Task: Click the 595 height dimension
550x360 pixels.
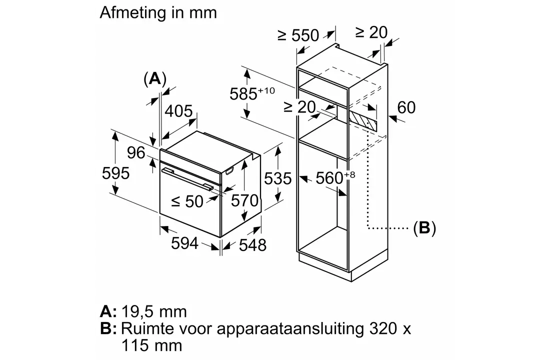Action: (x=116, y=173)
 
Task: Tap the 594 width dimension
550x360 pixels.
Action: (x=185, y=243)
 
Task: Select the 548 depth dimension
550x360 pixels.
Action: (x=252, y=245)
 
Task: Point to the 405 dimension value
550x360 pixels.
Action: (x=179, y=111)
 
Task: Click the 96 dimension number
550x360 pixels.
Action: (x=136, y=152)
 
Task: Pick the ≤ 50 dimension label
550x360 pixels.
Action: (x=187, y=201)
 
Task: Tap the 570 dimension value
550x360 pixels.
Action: (x=245, y=200)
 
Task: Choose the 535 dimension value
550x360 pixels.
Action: (x=278, y=178)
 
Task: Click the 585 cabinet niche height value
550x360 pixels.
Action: (x=243, y=94)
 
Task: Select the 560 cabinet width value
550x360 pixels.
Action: (x=329, y=178)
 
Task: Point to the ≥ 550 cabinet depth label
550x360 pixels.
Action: (x=298, y=35)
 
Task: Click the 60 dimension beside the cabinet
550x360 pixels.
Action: (x=406, y=107)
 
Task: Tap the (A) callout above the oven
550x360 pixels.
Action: (x=154, y=79)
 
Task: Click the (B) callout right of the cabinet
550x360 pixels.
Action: (x=424, y=228)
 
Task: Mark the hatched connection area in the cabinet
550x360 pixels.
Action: (x=363, y=121)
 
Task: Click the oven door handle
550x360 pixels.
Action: (x=187, y=179)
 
